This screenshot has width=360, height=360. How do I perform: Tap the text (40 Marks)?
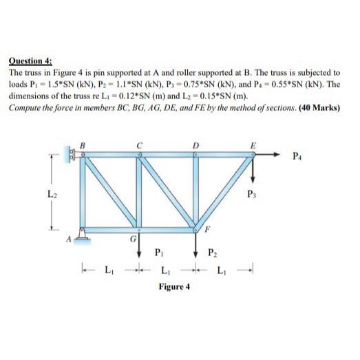pyautogui.click(x=319, y=107)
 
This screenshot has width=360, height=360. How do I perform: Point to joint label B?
pyautogui.click(x=84, y=144)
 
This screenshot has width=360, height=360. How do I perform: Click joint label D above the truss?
pyautogui.click(x=195, y=144)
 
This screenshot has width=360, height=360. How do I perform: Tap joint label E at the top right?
pyautogui.click(x=253, y=145)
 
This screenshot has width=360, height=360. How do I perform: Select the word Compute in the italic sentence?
pyautogui.click(x=25, y=107)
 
